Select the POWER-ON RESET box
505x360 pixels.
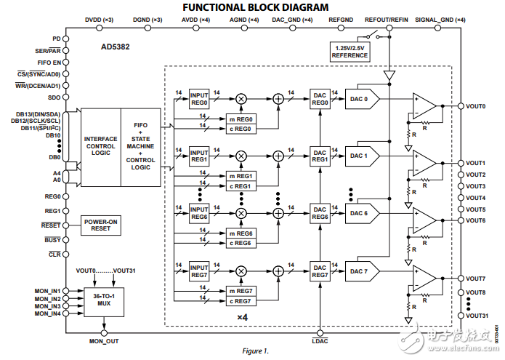click(101, 225)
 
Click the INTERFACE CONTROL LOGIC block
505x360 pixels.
click(100, 145)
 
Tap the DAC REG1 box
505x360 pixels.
click(320, 156)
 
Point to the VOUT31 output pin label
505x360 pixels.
click(476, 315)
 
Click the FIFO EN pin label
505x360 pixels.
click(49, 63)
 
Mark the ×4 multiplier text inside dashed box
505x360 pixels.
click(243, 318)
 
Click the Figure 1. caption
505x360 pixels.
click(255, 351)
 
